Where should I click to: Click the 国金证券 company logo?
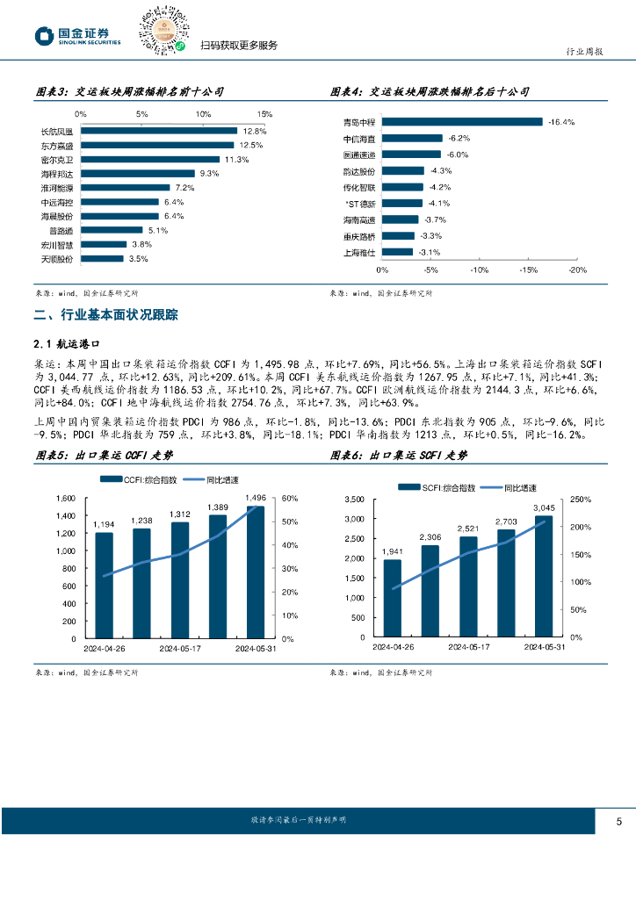click(78, 35)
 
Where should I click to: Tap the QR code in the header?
click(163, 32)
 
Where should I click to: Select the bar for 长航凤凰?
click(158, 131)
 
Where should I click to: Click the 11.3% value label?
click(237, 160)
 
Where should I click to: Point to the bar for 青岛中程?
click(462, 122)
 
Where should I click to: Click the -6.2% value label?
click(459, 139)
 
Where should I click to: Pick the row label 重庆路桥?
click(359, 236)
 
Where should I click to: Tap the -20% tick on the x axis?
click(577, 270)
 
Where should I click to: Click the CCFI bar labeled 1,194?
click(104, 585)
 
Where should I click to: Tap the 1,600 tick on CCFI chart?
click(66, 499)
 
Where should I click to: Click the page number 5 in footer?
click(619, 822)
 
